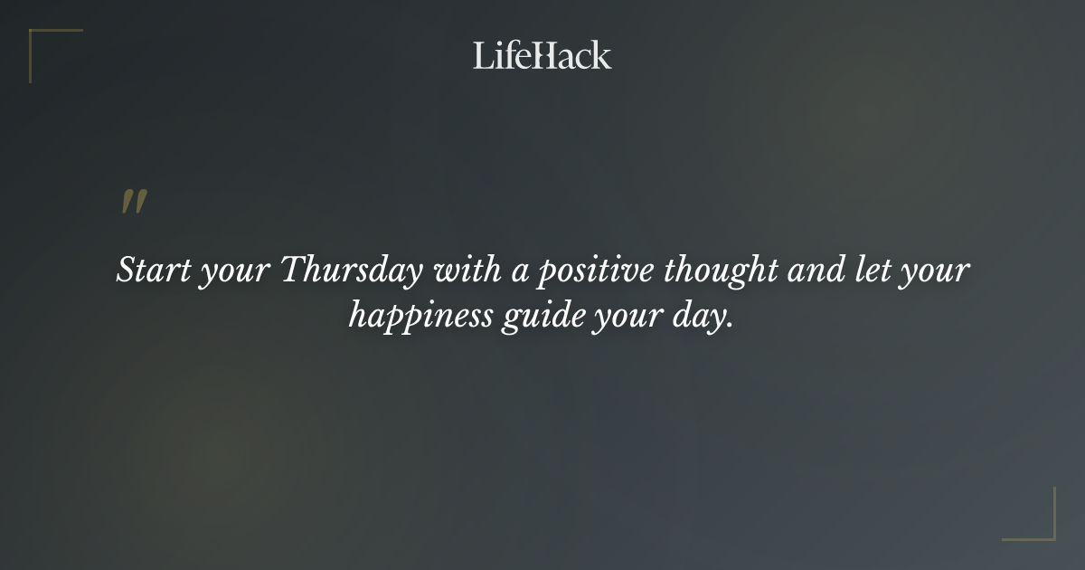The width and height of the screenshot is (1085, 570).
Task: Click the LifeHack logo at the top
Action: tap(542, 55)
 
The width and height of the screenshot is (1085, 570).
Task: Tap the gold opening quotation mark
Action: tap(133, 202)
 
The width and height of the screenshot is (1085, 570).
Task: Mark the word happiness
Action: tap(420, 318)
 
